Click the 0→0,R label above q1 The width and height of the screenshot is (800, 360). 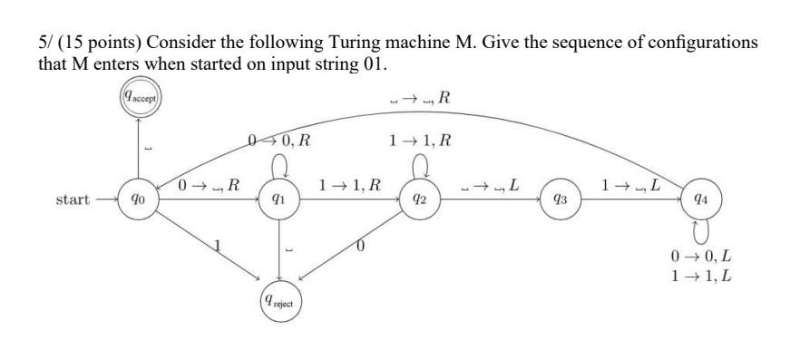(280, 141)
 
